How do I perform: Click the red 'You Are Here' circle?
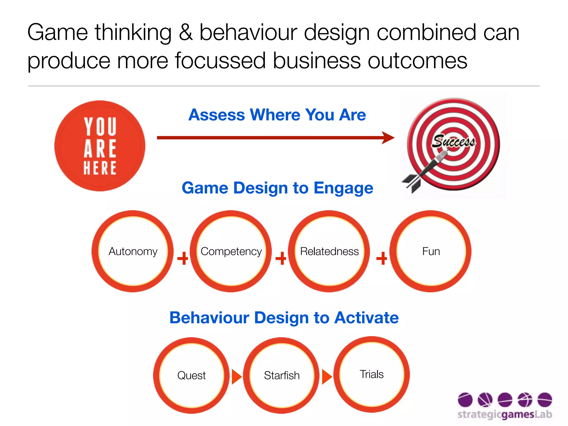coord(100,146)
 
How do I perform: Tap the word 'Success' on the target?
coord(453,141)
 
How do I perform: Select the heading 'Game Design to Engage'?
coord(277,188)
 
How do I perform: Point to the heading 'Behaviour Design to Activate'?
coord(284,318)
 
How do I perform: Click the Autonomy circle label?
coord(133,251)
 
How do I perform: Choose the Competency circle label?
coord(231,251)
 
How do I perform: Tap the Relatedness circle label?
coord(329,251)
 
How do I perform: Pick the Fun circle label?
coord(431,251)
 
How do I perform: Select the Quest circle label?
coord(191,376)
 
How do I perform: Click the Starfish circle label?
coord(282,376)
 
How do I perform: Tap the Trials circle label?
coord(372,374)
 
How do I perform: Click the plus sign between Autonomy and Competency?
coord(182,258)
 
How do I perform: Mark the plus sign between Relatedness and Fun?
coord(382,258)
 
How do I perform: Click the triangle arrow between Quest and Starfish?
coord(236,377)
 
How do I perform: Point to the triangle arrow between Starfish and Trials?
coord(326,377)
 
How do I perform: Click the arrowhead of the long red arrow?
coord(388,138)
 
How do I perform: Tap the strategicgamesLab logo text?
coord(504,414)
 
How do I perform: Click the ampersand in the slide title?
coord(186,33)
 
